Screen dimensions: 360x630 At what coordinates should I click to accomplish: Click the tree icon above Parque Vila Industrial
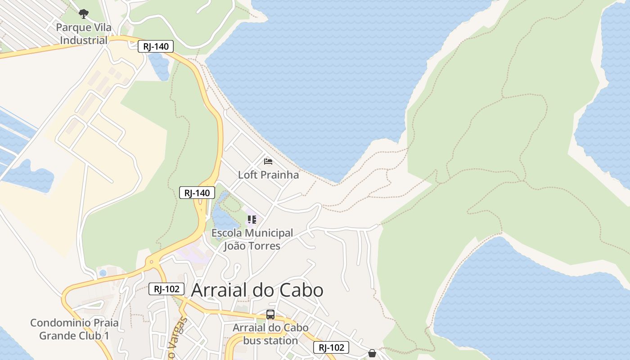click(x=84, y=14)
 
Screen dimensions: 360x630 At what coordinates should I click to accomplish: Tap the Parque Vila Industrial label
click(x=84, y=34)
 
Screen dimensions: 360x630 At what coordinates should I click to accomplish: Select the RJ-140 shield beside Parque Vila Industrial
click(x=156, y=46)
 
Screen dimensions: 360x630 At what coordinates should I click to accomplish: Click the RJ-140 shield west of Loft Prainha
click(x=197, y=193)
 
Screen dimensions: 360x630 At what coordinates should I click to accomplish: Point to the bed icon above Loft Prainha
click(x=268, y=161)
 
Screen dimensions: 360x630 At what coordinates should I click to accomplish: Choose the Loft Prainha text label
click(x=268, y=175)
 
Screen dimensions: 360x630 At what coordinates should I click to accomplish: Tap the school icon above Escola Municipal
click(x=252, y=220)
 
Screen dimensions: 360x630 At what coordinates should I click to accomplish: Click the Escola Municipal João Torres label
click(x=252, y=239)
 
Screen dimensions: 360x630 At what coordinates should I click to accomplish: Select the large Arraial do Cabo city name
click(x=257, y=290)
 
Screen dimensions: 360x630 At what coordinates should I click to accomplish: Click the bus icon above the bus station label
click(x=270, y=315)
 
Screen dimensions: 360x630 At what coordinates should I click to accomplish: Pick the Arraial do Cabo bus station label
click(x=270, y=334)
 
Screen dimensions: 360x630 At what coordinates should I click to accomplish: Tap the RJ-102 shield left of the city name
click(x=166, y=289)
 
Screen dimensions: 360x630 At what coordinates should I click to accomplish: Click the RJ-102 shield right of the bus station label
click(x=331, y=347)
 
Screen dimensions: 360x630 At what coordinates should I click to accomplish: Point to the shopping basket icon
click(x=372, y=353)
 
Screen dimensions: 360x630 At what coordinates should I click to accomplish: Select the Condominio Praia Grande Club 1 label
click(x=74, y=329)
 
